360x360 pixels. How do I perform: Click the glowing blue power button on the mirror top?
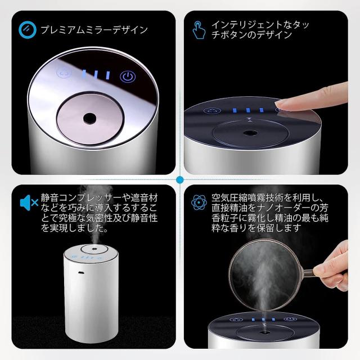[128, 76]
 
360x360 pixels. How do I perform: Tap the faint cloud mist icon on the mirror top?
[64, 73]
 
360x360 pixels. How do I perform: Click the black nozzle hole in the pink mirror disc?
[89, 118]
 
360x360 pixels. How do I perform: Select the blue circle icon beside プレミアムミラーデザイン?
[28, 30]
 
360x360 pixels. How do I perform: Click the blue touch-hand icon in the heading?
[199, 30]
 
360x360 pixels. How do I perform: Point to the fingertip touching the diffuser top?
[279, 105]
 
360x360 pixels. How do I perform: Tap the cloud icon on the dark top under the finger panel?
[212, 111]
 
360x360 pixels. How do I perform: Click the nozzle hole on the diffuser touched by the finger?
[250, 133]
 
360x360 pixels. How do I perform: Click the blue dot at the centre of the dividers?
[180, 180]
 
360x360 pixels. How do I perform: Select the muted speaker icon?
[29, 202]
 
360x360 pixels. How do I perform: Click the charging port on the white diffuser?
[80, 272]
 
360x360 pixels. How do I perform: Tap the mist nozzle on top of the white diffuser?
[94, 249]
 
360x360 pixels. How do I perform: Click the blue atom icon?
[199, 202]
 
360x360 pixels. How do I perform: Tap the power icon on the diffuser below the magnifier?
[290, 319]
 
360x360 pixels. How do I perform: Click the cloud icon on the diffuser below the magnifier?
[236, 319]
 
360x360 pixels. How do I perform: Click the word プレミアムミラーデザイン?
[94, 30]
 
